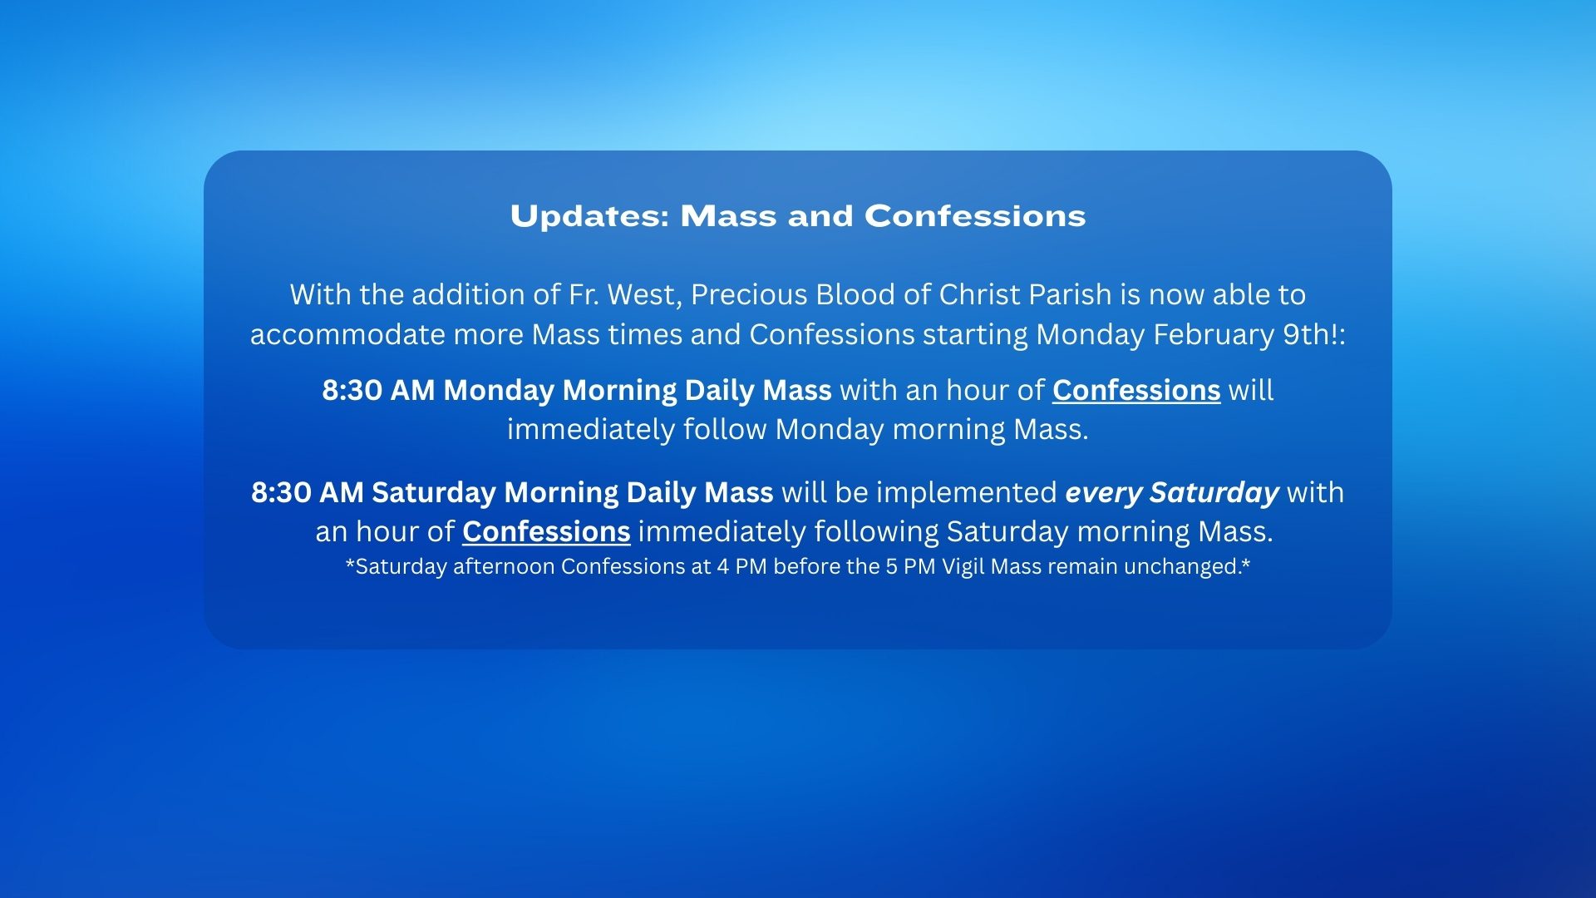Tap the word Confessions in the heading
pyautogui.click(x=975, y=216)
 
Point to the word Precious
pyautogui.click(x=749, y=295)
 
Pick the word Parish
pyautogui.click(x=1070, y=295)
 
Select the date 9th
pyautogui.click(x=1306, y=334)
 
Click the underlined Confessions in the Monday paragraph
pyautogui.click(x=1136, y=391)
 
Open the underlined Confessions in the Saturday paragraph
pyautogui.click(x=546, y=532)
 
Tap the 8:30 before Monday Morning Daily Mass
pyautogui.click(x=352, y=391)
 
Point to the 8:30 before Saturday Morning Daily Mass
pyautogui.click(x=281, y=493)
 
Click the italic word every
pyautogui.click(x=1103, y=494)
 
